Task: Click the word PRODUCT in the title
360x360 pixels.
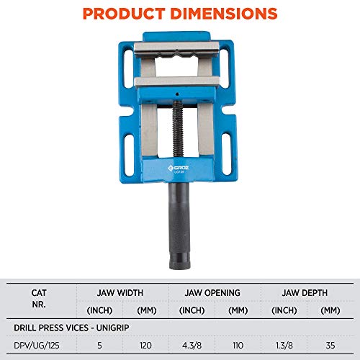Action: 120,13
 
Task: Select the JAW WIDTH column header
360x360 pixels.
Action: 120,293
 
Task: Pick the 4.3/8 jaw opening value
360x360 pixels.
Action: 192,345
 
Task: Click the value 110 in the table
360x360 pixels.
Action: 238,345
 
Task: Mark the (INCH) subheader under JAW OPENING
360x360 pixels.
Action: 192,310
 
